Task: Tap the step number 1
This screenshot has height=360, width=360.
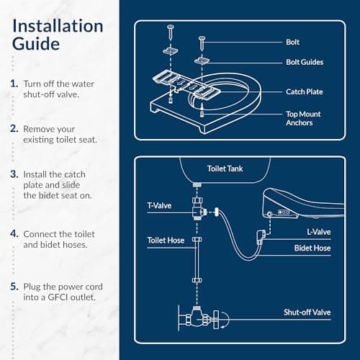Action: point(14,84)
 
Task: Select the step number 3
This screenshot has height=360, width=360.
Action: point(14,174)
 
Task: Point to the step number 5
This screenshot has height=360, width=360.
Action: point(14,287)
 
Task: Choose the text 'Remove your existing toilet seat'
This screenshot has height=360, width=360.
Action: point(58,135)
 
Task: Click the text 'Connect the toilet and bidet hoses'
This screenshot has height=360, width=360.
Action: point(62,240)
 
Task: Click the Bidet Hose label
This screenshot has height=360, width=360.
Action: point(313,248)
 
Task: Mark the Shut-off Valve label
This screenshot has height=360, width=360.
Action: point(307,312)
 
